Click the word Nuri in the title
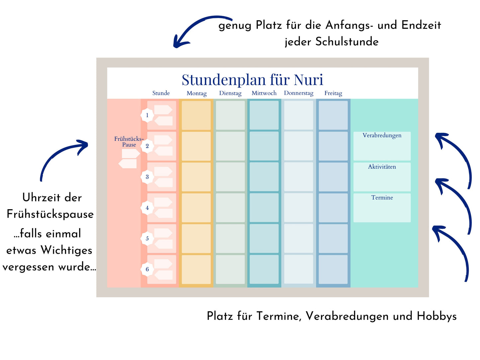click(308, 80)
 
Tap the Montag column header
click(197, 93)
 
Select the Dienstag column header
click(230, 93)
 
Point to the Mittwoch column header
click(264, 93)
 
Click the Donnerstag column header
click(299, 93)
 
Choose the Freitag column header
click(333, 93)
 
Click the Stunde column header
click(161, 93)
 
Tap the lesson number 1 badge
click(147, 115)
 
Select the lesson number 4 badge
click(147, 208)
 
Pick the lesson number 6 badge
click(147, 269)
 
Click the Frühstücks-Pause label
click(129, 142)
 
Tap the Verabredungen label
click(382, 135)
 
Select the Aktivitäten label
click(382, 167)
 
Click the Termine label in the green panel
click(382, 198)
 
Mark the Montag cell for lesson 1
click(196, 115)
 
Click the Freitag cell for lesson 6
click(333, 269)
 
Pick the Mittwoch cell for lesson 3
click(264, 177)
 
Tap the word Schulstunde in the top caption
click(347, 42)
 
